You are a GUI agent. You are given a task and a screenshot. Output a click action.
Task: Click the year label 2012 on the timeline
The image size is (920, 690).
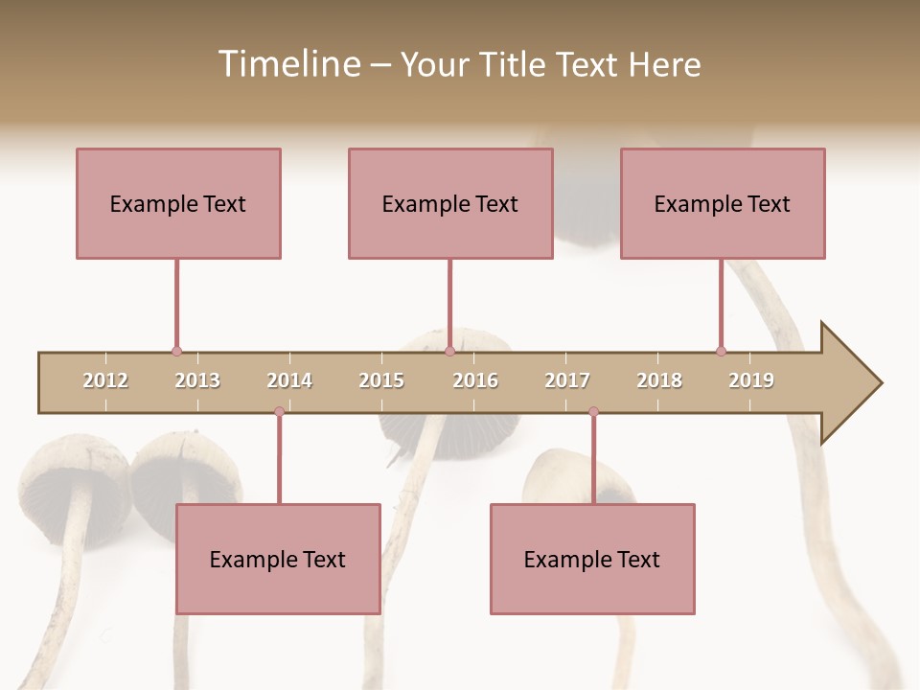pyautogui.click(x=105, y=380)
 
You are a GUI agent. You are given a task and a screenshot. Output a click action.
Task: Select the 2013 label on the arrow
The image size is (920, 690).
pyautogui.click(x=197, y=380)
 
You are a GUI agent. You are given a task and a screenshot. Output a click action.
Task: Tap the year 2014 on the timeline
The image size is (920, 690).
pyautogui.click(x=289, y=380)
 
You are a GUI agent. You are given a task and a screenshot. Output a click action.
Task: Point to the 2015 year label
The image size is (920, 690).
pyautogui.click(x=381, y=380)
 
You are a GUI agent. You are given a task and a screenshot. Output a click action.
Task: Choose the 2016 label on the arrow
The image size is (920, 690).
pyautogui.click(x=475, y=380)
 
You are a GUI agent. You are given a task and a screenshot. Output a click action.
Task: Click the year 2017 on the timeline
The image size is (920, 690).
pyautogui.click(x=567, y=380)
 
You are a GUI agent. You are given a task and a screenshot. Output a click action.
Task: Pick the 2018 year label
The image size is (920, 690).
pyautogui.click(x=659, y=380)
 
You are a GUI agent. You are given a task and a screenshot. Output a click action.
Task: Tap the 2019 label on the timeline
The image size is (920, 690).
pyautogui.click(x=751, y=380)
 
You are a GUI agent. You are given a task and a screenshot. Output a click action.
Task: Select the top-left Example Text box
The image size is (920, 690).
pyautogui.click(x=178, y=203)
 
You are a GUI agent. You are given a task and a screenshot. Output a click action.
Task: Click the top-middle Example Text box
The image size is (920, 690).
pyautogui.click(x=450, y=203)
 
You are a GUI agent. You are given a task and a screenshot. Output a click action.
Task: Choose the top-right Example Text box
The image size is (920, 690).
pyautogui.click(x=723, y=203)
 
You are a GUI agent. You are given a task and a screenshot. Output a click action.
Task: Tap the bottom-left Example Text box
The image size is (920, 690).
pyautogui.click(x=278, y=559)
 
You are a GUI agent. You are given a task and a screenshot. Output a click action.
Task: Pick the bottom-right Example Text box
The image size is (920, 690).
pyautogui.click(x=592, y=559)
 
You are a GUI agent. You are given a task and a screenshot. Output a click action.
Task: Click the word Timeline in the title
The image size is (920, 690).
pyautogui.click(x=287, y=64)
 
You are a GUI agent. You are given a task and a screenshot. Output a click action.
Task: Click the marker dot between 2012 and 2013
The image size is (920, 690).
pyautogui.click(x=176, y=352)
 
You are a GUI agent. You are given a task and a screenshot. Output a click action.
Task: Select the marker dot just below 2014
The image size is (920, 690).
pyautogui.click(x=279, y=411)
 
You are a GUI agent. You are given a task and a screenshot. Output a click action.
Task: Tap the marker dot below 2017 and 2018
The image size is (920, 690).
pyautogui.click(x=593, y=411)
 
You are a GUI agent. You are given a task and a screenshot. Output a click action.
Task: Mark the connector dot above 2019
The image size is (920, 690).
pyautogui.click(x=721, y=352)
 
